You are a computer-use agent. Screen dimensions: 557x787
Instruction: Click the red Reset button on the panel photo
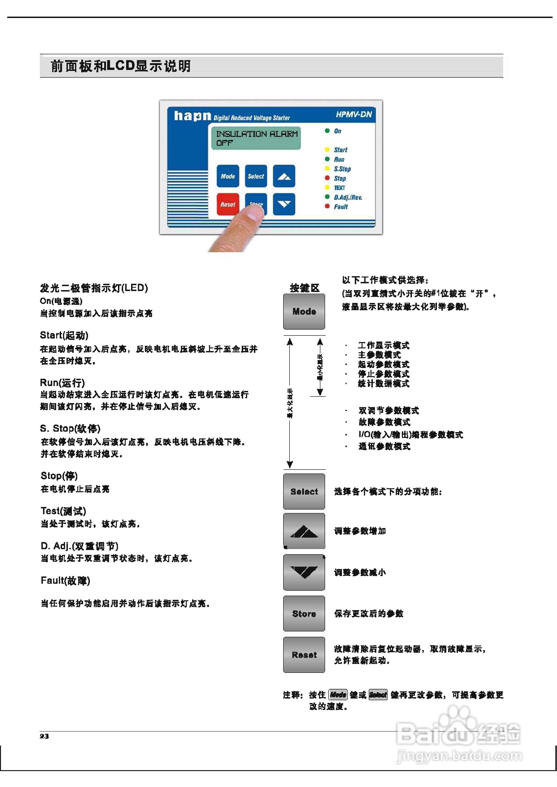228,204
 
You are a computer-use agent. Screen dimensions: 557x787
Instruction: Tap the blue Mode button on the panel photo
228,176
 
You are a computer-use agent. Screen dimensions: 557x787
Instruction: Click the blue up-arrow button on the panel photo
284,176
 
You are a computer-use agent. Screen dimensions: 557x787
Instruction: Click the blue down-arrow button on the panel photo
284,204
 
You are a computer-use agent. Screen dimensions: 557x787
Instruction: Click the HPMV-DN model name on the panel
354,114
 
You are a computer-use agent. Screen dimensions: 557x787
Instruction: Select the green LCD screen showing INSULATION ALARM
256,138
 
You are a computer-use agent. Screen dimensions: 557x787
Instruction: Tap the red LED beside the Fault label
327,206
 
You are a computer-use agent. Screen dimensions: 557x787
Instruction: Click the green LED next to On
327,131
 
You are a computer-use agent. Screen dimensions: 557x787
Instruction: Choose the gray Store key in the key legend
304,614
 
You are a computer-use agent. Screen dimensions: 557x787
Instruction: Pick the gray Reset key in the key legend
304,655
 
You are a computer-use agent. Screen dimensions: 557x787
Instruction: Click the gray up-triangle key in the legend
304,531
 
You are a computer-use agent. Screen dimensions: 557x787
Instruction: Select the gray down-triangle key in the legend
304,572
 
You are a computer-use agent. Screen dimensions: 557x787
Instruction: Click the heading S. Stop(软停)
70,428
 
